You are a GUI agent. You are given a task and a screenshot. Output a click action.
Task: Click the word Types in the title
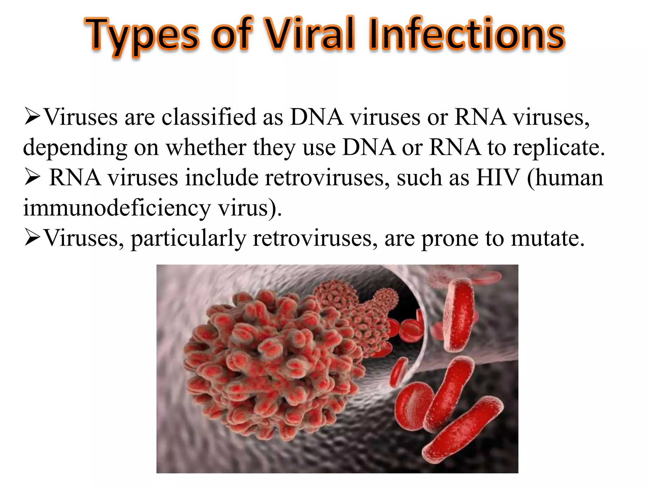(142, 35)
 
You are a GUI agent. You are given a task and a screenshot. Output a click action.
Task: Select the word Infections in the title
(466, 34)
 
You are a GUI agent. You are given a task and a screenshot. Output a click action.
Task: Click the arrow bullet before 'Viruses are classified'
(32, 117)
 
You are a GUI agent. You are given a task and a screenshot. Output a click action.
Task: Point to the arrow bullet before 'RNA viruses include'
(32, 178)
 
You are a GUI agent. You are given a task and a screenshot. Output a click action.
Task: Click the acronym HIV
(498, 178)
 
